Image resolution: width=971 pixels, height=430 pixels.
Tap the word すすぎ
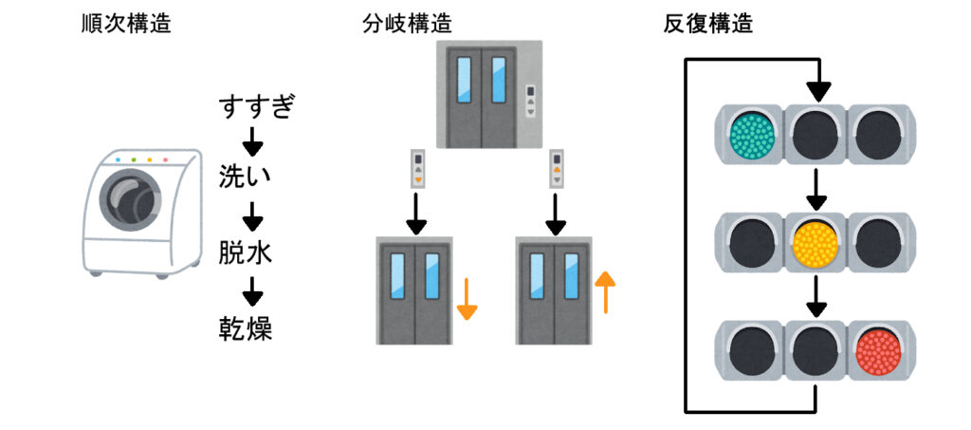coord(251,107)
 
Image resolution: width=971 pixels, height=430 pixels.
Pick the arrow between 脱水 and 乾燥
coord(251,292)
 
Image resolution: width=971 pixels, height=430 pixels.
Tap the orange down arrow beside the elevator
coord(467,300)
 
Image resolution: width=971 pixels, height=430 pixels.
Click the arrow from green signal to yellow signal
coord(816,189)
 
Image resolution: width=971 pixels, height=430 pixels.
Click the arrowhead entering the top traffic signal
coord(816,92)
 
